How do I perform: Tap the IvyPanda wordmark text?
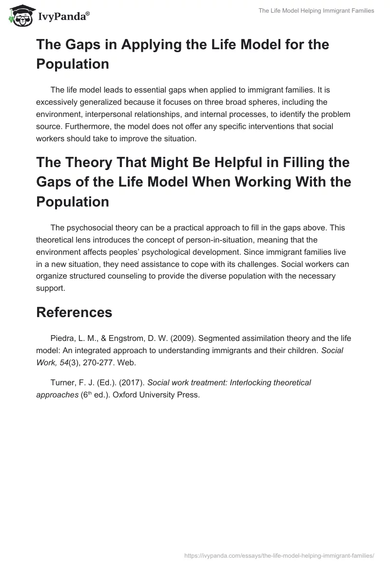[x=63, y=17]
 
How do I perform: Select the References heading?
[x=74, y=312]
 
